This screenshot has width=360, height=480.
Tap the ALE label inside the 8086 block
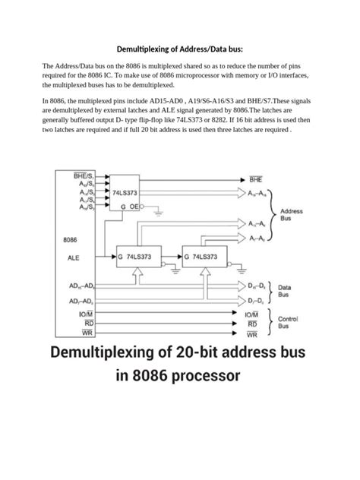pos(73,257)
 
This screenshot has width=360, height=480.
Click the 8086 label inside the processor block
pos(74,240)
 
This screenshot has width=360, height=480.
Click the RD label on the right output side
pos(252,323)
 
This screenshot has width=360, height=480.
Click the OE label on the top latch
pos(134,206)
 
